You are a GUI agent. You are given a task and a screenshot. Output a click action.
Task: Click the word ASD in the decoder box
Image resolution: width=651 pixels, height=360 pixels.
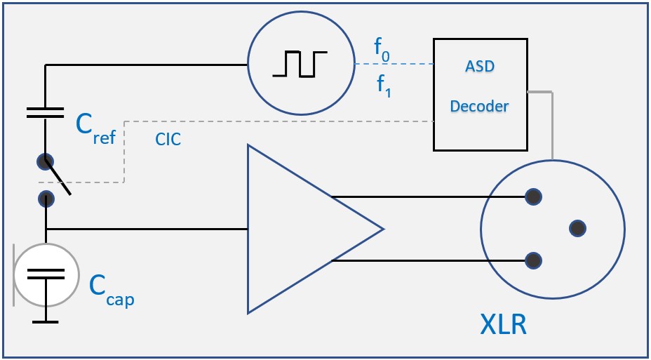pos(479,67)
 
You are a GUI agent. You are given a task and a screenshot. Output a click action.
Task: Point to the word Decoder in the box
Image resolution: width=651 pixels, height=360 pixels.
pos(479,107)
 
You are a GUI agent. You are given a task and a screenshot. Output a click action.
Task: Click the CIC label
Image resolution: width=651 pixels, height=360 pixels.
pos(168,140)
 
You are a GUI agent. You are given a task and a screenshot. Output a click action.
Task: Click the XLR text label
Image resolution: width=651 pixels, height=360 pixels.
pos(503,326)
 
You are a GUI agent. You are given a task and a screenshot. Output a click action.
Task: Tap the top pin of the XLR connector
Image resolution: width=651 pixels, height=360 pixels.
pos(534,197)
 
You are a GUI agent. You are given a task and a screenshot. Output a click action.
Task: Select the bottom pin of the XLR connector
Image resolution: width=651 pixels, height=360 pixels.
pos(534,261)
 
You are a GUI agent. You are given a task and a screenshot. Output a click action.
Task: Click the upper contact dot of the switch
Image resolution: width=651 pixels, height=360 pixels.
pos(46,161)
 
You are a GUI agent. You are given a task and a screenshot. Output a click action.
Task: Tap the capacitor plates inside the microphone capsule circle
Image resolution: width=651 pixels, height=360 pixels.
pos(46,274)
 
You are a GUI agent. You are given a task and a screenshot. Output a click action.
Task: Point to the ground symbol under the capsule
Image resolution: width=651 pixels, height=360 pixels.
pos(46,321)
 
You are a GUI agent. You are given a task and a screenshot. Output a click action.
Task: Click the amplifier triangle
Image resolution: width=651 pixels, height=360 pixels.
pos(302,229)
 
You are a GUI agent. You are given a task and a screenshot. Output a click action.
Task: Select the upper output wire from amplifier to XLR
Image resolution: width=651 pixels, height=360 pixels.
pos(428,197)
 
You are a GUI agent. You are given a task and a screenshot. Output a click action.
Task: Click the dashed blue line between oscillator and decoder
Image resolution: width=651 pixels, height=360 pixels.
pos(393,65)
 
